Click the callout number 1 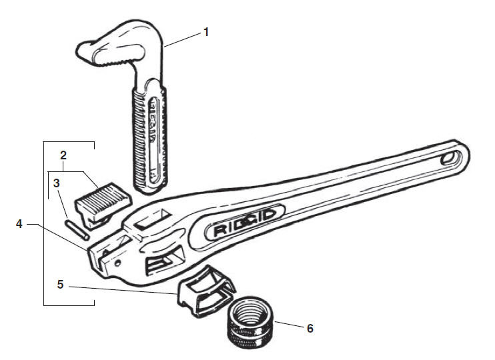(x=206, y=32)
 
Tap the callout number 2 (x=63, y=155)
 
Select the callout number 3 (x=57, y=183)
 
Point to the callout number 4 (x=19, y=224)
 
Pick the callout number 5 (x=60, y=285)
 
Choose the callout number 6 (x=310, y=329)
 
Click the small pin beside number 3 (x=77, y=229)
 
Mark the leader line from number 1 (x=183, y=40)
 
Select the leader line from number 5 (x=123, y=290)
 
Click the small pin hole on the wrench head (x=118, y=263)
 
